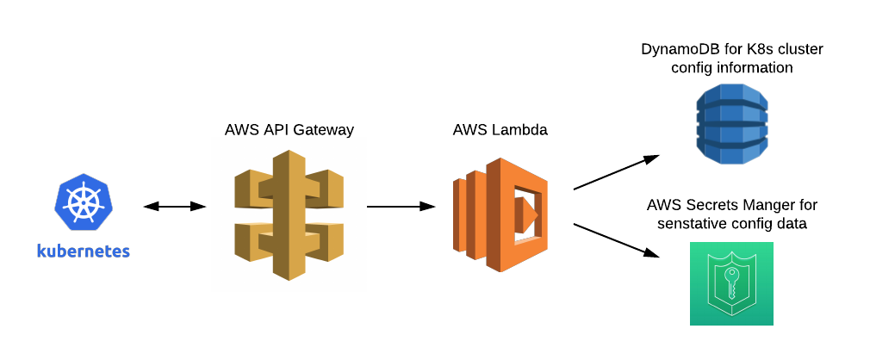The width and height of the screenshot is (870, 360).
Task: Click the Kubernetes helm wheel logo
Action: point(83,203)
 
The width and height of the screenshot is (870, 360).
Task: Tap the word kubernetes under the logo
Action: point(83,251)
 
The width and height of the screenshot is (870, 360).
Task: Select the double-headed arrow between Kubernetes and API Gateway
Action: point(175,207)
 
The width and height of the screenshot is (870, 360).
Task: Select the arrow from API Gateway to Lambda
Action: point(401,207)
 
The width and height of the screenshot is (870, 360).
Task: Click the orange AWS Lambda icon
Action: point(500,215)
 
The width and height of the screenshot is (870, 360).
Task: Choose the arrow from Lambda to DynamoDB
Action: point(616,172)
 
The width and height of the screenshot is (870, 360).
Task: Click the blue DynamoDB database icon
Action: point(731,124)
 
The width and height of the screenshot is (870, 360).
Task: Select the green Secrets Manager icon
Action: point(731,283)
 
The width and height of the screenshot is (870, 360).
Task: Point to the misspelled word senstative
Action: point(690,224)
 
